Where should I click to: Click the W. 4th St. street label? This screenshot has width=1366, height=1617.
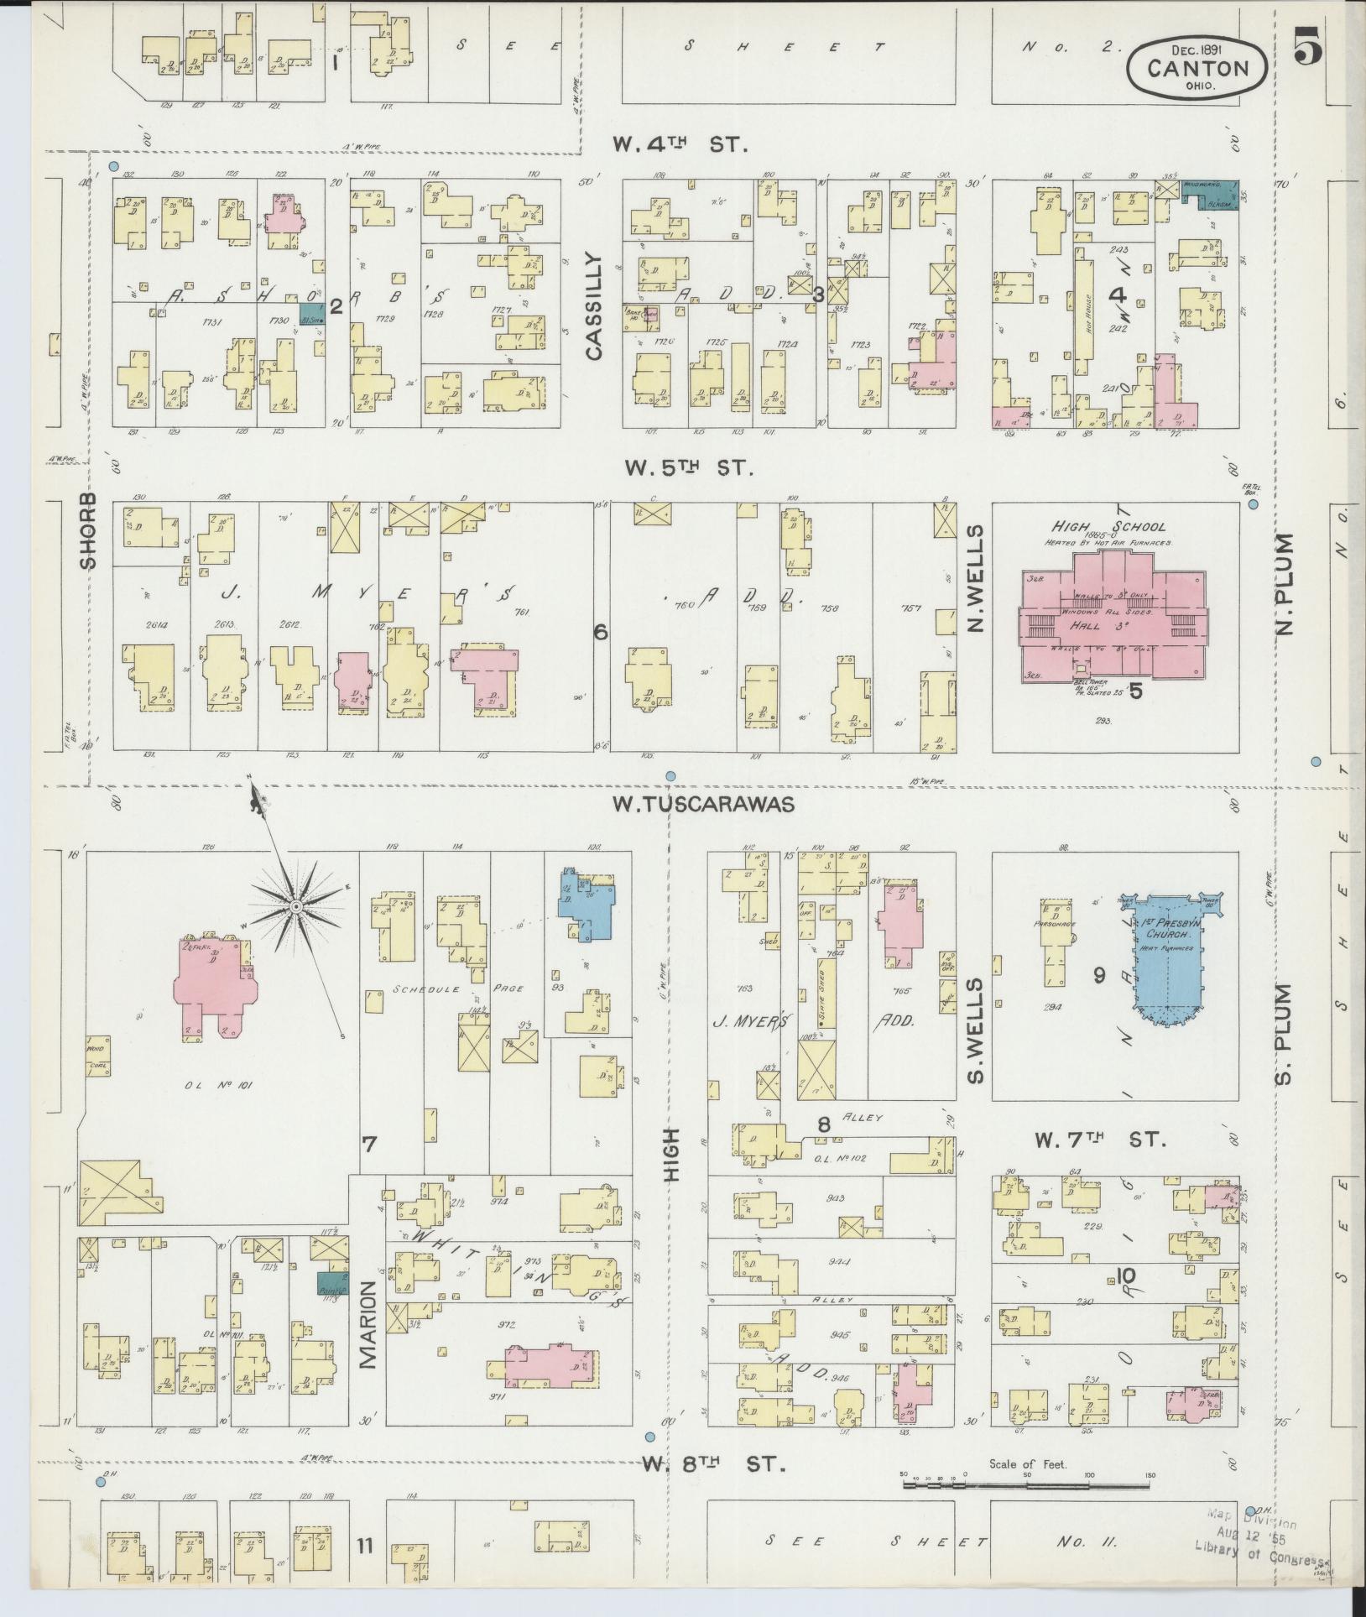pos(679,144)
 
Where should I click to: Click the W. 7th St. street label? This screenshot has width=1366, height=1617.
pos(1100,1140)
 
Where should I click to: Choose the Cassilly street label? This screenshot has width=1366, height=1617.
pos(594,306)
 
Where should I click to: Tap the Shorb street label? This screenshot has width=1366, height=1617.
pos(89,530)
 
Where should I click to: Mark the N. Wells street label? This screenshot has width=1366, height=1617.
pos(974,578)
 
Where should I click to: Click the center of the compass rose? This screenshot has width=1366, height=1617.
pos(295,907)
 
